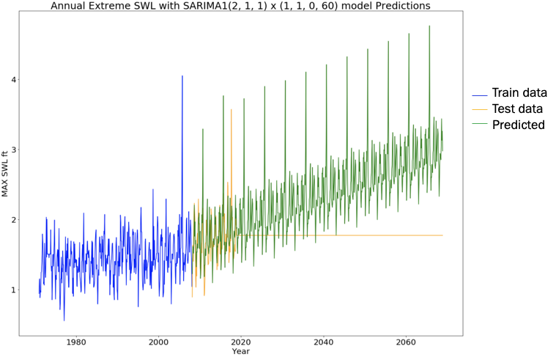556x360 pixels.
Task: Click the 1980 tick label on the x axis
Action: click(75, 342)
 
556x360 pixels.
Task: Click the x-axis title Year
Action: click(240, 352)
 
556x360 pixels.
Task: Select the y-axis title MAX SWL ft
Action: click(5, 173)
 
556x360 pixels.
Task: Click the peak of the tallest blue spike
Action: click(182, 76)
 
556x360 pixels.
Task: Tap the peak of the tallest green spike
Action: click(429, 26)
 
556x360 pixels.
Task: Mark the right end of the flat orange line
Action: click(442, 235)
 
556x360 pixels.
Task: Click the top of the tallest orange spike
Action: click(231, 109)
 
